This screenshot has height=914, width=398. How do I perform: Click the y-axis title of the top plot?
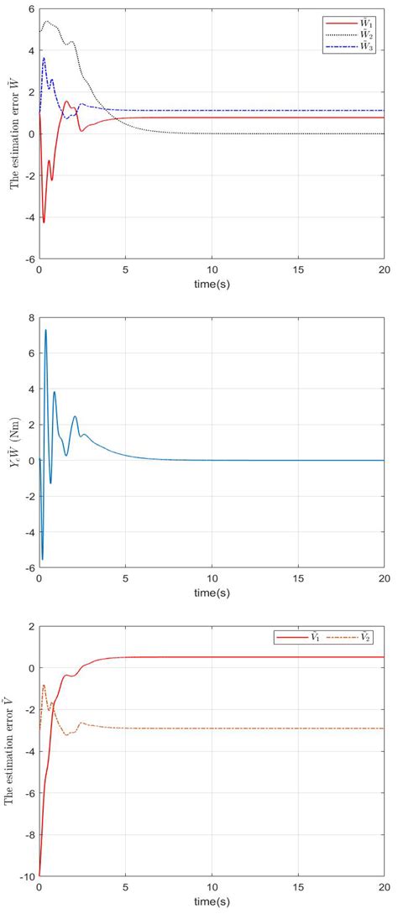coord(14,134)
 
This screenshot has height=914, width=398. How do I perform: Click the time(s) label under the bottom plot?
coord(212,902)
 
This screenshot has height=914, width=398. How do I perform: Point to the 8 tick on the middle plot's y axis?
coord(29,318)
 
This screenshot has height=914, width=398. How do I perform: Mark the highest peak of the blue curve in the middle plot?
coord(45,330)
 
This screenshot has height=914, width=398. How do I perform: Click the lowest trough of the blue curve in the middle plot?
coord(42,559)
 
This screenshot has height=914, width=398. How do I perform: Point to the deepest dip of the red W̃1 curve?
coord(44,222)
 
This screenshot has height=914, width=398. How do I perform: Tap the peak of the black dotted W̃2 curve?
coord(47,21)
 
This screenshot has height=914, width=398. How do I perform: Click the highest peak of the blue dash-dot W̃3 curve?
coord(44,58)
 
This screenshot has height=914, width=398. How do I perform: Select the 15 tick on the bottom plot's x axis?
coord(298,888)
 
